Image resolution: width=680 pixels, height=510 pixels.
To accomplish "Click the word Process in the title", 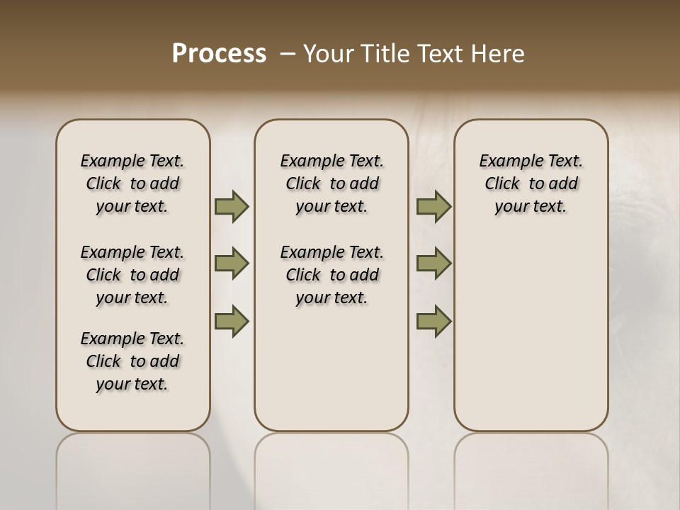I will tap(219, 54).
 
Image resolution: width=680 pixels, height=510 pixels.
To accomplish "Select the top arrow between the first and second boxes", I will tap(232, 206).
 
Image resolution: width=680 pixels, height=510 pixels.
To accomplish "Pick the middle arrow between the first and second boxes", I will tap(232, 263).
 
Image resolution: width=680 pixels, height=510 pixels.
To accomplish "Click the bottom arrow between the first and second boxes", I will tap(232, 321).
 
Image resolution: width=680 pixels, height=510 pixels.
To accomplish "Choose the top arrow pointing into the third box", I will tap(433, 206).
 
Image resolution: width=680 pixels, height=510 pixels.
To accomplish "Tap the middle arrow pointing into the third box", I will tap(433, 263).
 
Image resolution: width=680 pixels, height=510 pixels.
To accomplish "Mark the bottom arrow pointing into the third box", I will tap(433, 321).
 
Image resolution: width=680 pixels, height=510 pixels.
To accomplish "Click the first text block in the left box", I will tap(132, 183).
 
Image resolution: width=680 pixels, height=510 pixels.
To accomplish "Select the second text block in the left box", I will tap(132, 275).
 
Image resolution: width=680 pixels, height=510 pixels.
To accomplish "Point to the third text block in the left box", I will tap(132, 361).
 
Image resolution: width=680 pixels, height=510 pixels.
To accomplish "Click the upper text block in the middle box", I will tap(331, 183).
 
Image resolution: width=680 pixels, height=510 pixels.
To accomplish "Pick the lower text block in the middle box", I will tap(331, 275).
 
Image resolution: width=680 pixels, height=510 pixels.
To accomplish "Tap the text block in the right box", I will tap(531, 183).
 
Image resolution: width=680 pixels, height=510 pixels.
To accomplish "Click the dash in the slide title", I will tap(288, 54).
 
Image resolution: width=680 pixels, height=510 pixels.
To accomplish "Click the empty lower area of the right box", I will tap(531, 333).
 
